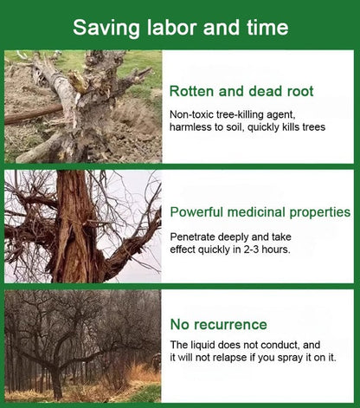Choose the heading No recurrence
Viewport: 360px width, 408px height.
point(218,325)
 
